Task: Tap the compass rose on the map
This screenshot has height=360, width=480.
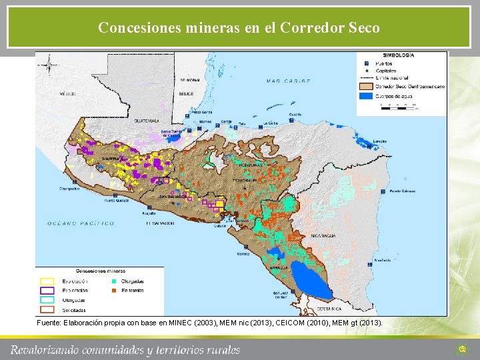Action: [x=48, y=65]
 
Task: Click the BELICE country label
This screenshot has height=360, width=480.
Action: [x=186, y=94]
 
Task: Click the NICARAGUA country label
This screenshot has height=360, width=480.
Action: [x=323, y=235]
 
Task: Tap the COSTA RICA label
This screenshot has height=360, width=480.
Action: [x=329, y=309]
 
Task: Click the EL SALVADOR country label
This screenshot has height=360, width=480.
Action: [x=160, y=223]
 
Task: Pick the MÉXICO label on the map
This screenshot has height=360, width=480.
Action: [x=67, y=94]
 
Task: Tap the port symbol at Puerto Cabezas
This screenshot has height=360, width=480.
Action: [x=383, y=191]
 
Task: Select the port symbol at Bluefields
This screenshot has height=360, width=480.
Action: [x=377, y=260]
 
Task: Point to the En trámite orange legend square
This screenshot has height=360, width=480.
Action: [x=113, y=291]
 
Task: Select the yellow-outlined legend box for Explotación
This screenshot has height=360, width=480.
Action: [x=47, y=281]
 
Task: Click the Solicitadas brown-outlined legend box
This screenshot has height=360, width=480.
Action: [x=47, y=309]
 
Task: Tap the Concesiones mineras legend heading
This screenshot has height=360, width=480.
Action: [x=100, y=271]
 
